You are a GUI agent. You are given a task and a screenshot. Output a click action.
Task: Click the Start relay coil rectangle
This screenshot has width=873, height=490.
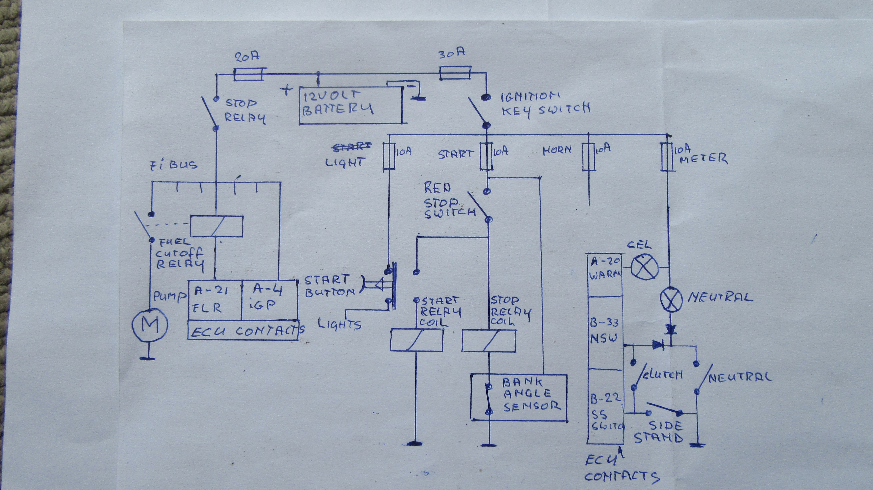coord(416,340)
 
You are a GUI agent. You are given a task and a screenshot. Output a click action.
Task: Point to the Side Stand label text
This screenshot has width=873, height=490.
coord(658,432)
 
